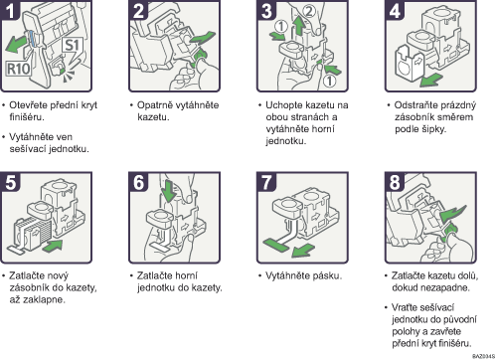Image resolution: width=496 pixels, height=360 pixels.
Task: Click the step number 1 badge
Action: pos(10,10)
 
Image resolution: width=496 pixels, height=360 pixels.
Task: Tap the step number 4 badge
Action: pos(395,10)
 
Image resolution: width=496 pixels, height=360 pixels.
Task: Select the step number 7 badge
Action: pos(266,182)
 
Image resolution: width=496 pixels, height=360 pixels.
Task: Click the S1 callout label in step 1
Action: pos(72,46)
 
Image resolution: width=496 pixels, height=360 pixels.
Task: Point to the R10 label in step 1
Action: pos(19,69)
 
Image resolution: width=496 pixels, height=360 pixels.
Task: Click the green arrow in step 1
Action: pos(16,44)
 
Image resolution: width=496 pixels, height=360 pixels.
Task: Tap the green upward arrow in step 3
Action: pos(299,26)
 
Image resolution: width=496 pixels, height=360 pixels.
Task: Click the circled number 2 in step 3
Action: pos(308,11)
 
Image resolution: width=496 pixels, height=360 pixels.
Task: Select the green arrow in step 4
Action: pos(430,80)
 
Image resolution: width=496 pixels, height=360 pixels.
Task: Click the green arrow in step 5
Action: pos(52,246)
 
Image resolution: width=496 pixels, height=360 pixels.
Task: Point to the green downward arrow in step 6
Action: pos(169,191)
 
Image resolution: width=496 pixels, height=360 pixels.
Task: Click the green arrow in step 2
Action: pos(202,38)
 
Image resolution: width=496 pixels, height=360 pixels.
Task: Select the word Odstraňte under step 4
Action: pos(413,105)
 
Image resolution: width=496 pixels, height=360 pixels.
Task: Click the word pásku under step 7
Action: pos(325,275)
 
